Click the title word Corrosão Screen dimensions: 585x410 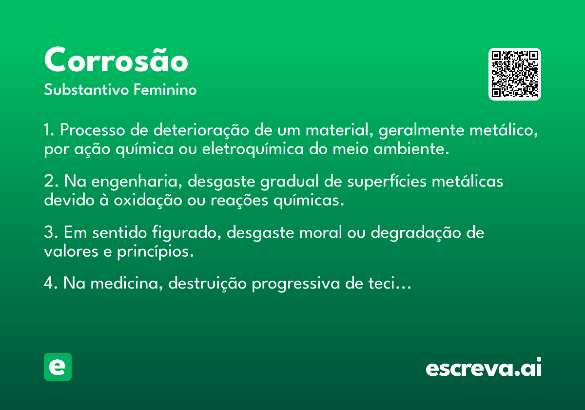(116, 60)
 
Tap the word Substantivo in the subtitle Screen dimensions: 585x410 (86, 89)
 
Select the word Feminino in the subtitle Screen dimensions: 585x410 (165, 89)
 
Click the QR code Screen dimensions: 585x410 (514, 74)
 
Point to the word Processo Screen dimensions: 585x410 (93, 130)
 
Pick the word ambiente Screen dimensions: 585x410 (411, 149)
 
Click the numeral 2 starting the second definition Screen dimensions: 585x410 (49, 181)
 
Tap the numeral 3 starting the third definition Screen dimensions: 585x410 (49, 232)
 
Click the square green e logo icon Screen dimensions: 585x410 (58, 367)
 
